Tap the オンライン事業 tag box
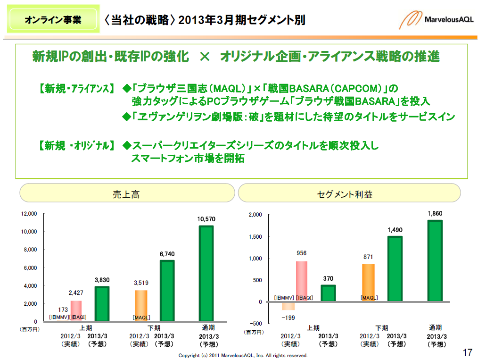coord(53,20)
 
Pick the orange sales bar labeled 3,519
coord(141,306)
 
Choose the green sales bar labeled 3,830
coord(102,304)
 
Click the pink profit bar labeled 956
coord(302,281)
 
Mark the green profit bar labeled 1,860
coord(435,261)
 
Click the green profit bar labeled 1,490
coord(395,269)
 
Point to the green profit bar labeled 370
coord(328,293)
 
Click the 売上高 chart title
coord(126,194)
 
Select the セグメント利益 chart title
coord(349,194)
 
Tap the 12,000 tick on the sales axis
coord(29,214)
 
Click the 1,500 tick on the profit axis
coord(255,237)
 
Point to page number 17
coord(467,352)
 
